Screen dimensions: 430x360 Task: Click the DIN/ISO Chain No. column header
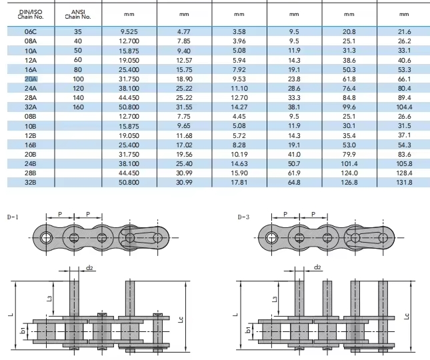[x=31, y=14]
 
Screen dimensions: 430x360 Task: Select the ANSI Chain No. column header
[x=78, y=14]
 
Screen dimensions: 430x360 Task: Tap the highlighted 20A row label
[x=31, y=79]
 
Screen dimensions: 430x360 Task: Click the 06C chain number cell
[x=31, y=32]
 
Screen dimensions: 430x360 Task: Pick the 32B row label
[x=31, y=182]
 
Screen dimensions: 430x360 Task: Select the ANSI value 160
[x=78, y=107]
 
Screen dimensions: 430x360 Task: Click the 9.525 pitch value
[x=129, y=32]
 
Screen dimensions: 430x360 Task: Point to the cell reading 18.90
[x=184, y=79]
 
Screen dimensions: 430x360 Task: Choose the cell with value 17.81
[x=239, y=182]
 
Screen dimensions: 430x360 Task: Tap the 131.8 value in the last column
[x=404, y=182]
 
